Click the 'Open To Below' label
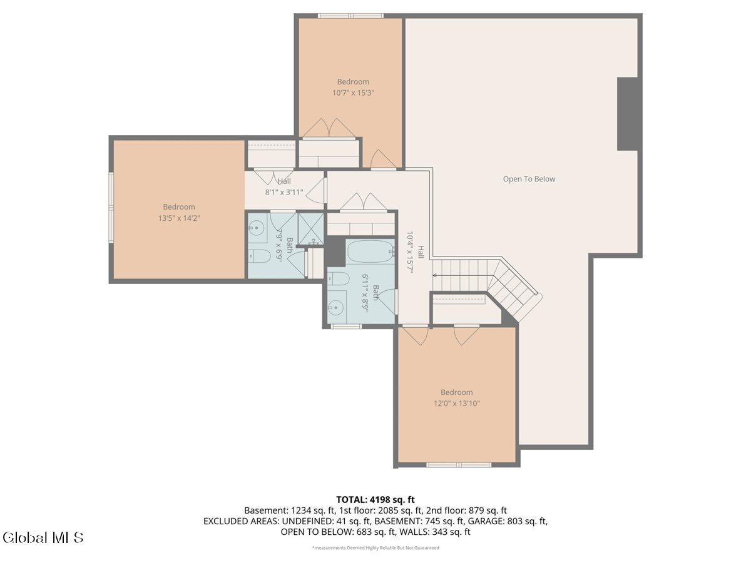[x=529, y=179]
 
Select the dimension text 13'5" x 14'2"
[x=179, y=218]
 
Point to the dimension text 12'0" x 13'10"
[x=456, y=403]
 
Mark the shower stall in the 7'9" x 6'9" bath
[x=309, y=228]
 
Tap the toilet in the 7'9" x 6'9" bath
[x=258, y=256]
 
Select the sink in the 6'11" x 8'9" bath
[x=337, y=307]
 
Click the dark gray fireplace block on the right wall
[x=627, y=114]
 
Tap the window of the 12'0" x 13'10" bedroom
[x=459, y=465]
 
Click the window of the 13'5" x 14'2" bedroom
[x=111, y=207]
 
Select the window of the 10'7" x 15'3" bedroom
[x=350, y=16]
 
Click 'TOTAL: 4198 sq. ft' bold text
[x=375, y=499]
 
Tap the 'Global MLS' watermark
[x=43, y=537]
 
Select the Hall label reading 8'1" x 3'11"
[x=284, y=187]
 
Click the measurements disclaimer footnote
[x=375, y=548]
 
